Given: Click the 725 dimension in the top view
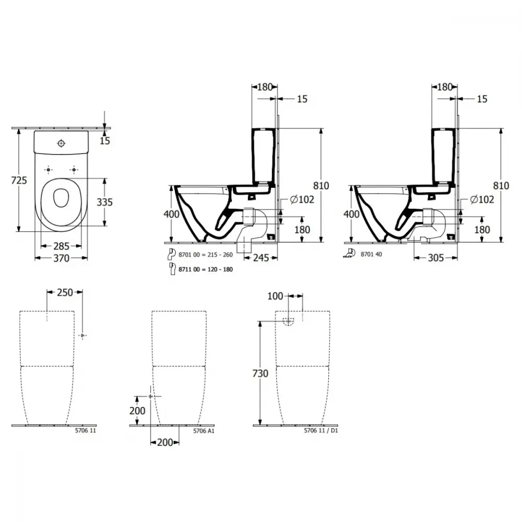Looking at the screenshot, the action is [x=19, y=181].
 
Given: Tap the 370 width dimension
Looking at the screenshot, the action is [x=61, y=258].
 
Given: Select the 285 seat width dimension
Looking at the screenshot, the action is [x=61, y=246].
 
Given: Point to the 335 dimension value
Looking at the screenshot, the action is [x=104, y=202].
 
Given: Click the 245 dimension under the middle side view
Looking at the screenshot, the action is [x=260, y=258].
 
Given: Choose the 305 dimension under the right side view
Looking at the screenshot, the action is [x=436, y=258].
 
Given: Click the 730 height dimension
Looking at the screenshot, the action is [x=260, y=374].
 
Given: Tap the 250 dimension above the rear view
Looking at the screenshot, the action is [x=65, y=292].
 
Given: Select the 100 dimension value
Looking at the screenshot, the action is [x=275, y=296].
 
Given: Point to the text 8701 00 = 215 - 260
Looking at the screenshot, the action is [x=205, y=255].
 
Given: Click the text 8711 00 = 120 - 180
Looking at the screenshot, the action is [x=205, y=269].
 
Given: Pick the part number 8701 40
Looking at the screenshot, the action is [x=371, y=254].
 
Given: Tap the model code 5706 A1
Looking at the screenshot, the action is [x=204, y=431].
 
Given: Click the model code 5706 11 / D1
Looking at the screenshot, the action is [x=321, y=431].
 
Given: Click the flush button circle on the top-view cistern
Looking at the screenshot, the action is [x=61, y=143].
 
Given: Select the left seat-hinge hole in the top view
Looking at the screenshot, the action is [x=48, y=170].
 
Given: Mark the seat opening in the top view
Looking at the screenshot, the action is [x=61, y=198].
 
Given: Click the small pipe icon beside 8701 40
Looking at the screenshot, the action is [x=349, y=253].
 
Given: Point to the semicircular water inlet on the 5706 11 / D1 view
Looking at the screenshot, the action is [x=288, y=321].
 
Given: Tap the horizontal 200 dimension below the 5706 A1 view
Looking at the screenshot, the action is [x=165, y=443].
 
